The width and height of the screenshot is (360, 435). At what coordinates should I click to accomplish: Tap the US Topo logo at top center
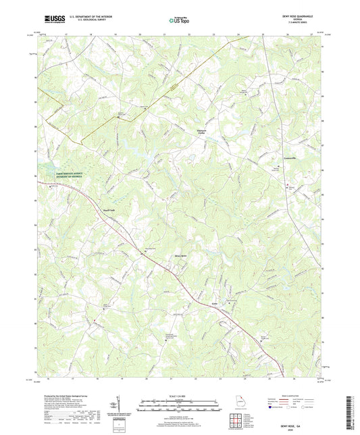(x=178, y=21)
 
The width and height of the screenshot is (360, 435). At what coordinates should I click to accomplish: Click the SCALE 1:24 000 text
(x=179, y=396)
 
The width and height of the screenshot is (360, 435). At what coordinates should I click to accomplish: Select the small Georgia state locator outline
(x=240, y=405)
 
